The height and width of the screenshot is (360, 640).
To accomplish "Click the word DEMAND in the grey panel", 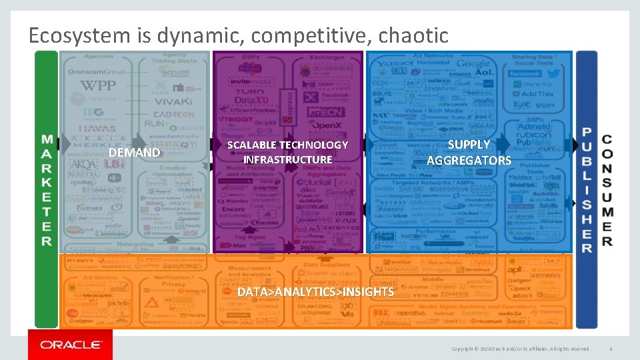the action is [x=134, y=153].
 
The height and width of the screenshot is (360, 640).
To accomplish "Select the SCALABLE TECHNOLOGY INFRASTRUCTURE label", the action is [x=287, y=152].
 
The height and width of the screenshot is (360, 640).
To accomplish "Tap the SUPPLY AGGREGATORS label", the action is [x=469, y=152].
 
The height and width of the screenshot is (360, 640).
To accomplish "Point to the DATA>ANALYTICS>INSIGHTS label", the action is [x=315, y=292].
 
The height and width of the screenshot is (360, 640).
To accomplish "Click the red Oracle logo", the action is [x=70, y=344].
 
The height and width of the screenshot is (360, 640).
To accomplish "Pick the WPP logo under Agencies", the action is [x=97, y=85].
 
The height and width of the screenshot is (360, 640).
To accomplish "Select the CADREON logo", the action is [x=173, y=113].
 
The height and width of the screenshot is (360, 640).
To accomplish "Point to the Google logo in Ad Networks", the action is [x=473, y=65].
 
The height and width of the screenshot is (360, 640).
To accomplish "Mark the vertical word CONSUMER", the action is [x=607, y=190].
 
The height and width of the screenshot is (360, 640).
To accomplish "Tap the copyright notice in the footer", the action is [x=520, y=349].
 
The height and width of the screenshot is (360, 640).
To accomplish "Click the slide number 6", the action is [x=610, y=349].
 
